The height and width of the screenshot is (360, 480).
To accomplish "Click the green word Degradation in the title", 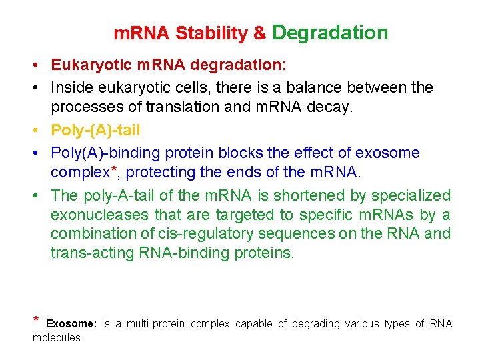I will tap(330, 33).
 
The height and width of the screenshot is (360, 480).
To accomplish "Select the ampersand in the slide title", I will tap(260, 33).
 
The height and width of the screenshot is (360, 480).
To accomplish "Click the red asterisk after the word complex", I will tap(117, 170).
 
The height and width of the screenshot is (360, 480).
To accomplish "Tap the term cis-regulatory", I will tap(211, 234).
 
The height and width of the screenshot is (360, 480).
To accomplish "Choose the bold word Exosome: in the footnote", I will tap(71, 324).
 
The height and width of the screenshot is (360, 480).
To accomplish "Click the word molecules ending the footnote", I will tap(57, 338).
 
